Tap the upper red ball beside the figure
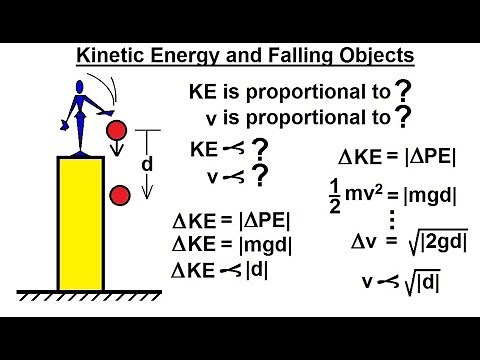coord(117,130)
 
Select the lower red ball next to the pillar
coord(120,194)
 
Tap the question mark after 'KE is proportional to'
coord(404,91)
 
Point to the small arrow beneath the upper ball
coord(117,152)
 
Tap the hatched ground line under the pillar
coord(90,297)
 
